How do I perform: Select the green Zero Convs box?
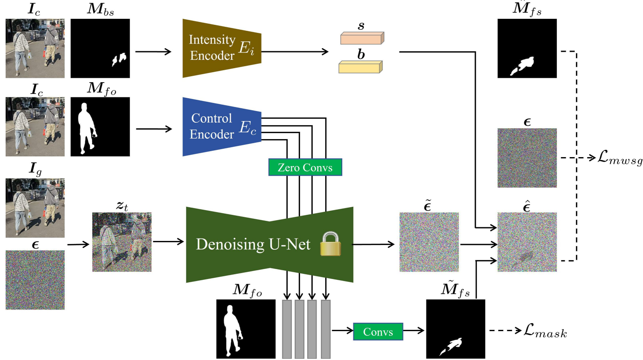tap(305, 167)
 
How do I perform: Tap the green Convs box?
tap(378, 332)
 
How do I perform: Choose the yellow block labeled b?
tap(360, 67)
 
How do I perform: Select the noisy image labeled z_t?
tap(122, 242)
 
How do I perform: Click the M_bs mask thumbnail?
tap(100, 48)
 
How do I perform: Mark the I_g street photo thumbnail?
tap(35, 208)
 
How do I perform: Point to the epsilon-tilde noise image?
tap(429, 242)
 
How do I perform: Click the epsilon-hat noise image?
tap(527, 242)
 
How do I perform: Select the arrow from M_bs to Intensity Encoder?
tap(153, 51)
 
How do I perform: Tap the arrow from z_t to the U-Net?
tap(168, 241)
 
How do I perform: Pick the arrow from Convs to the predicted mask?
tap(414, 331)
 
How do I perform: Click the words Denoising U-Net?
tap(253, 244)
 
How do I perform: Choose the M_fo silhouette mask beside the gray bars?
tap(246, 329)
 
